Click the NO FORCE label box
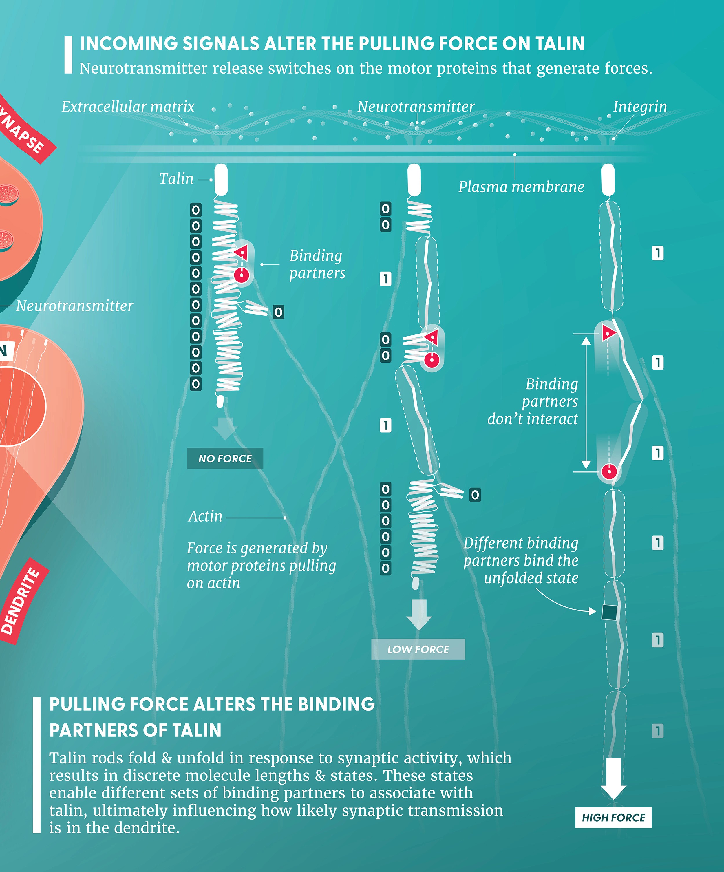[225, 458]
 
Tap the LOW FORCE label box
[418, 649]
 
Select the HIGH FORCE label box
[613, 818]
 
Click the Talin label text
[176, 179]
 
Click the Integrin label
[640, 107]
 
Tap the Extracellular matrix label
[128, 107]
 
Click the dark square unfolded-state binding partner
[609, 612]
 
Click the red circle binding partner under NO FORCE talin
[241, 275]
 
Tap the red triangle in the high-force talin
[608, 332]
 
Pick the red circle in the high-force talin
[609, 471]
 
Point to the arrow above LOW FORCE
[419, 615]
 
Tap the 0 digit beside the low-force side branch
[475, 495]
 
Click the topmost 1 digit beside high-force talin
[657, 253]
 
